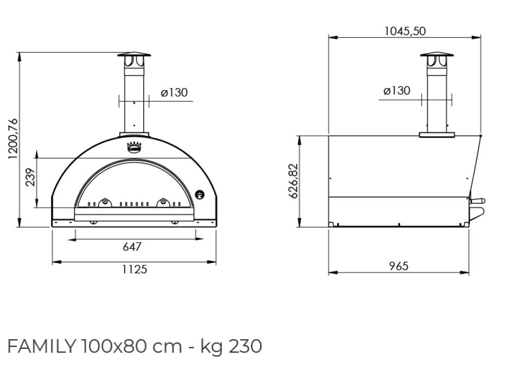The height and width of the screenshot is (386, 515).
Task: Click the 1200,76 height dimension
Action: pos(13,139)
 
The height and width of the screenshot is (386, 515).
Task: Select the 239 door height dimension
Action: pos(30,177)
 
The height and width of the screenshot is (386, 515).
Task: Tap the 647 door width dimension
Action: pos(132,247)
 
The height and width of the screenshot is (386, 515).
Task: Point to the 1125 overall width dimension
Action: pos(134,269)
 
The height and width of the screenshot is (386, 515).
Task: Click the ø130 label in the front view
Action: pos(174,93)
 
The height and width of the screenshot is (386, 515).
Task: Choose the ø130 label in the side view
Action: pos(397,91)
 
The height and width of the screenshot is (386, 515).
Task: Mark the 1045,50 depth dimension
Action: pos(405,31)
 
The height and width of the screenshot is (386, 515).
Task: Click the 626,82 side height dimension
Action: pos(293,181)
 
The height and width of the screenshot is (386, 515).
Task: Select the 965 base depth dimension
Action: pos(399,266)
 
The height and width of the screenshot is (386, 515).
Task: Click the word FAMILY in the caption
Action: pos(42,346)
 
